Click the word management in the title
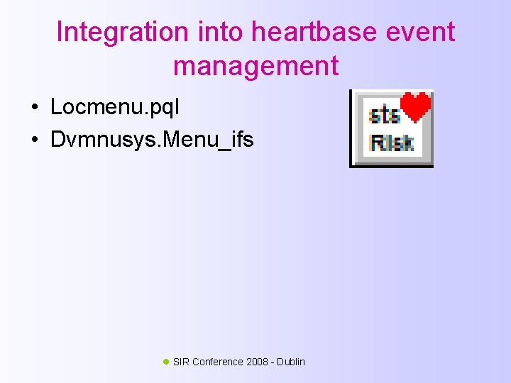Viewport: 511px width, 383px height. coord(255,67)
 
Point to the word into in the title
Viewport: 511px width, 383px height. coord(208,33)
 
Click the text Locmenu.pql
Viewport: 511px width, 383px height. coord(115,108)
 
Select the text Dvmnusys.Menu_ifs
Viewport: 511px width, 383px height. coord(152,139)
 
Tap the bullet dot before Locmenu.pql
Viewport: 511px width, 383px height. coord(33,108)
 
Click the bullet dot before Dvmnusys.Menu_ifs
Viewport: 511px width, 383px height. coord(33,139)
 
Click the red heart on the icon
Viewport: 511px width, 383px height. coord(416,107)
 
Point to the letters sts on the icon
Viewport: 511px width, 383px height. coord(384,116)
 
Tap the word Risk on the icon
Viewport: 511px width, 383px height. coord(391,143)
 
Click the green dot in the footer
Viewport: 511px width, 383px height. coord(166,361)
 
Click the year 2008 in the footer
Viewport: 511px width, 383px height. coord(258,362)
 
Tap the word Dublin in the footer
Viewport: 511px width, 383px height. coord(291,362)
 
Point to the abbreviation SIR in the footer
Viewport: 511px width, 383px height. coord(181,362)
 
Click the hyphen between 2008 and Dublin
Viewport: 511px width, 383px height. coord(273,362)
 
